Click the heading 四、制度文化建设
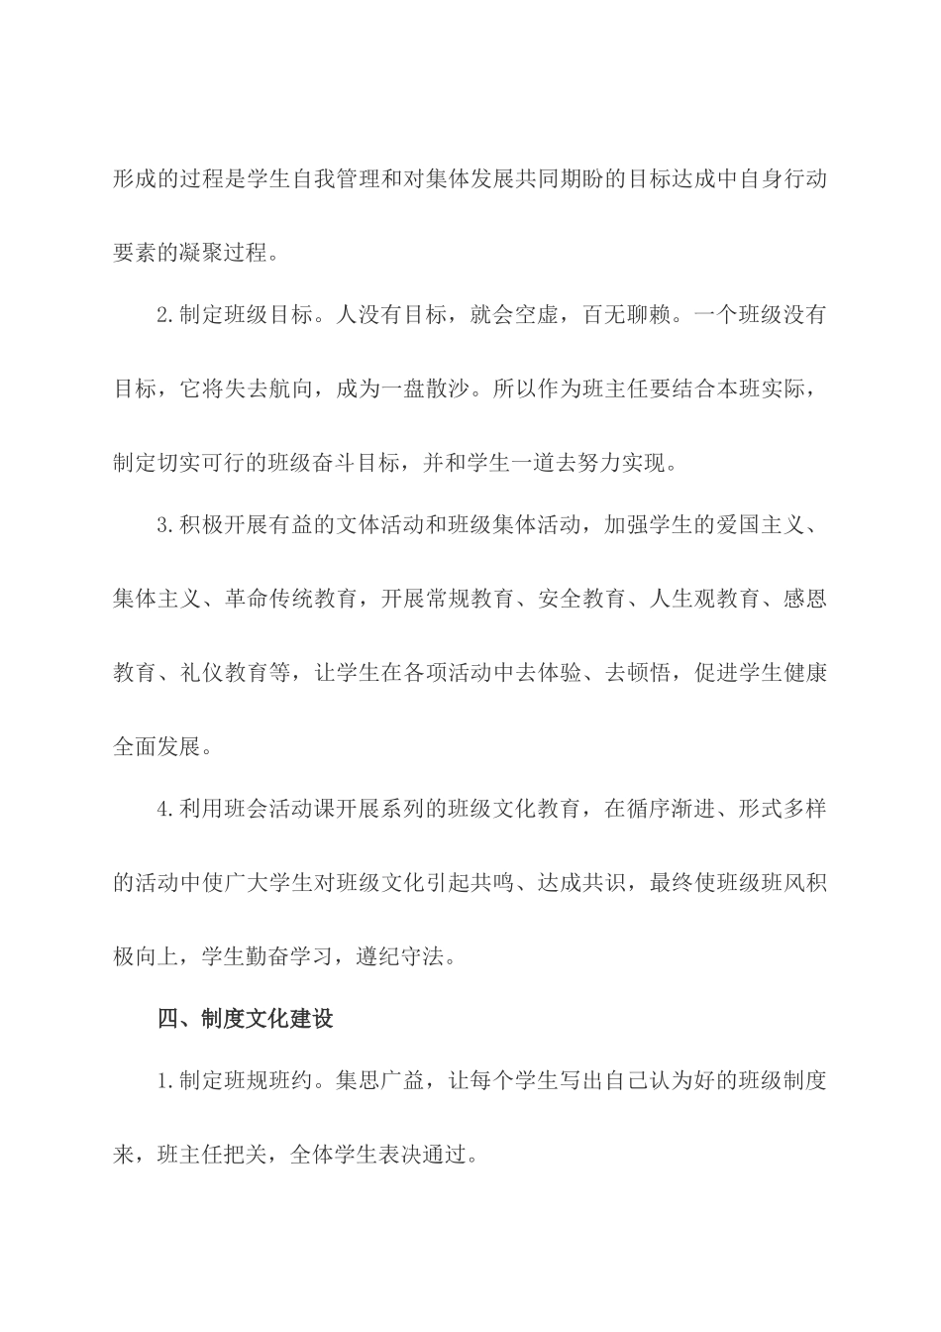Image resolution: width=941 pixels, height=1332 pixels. click(246, 1019)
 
